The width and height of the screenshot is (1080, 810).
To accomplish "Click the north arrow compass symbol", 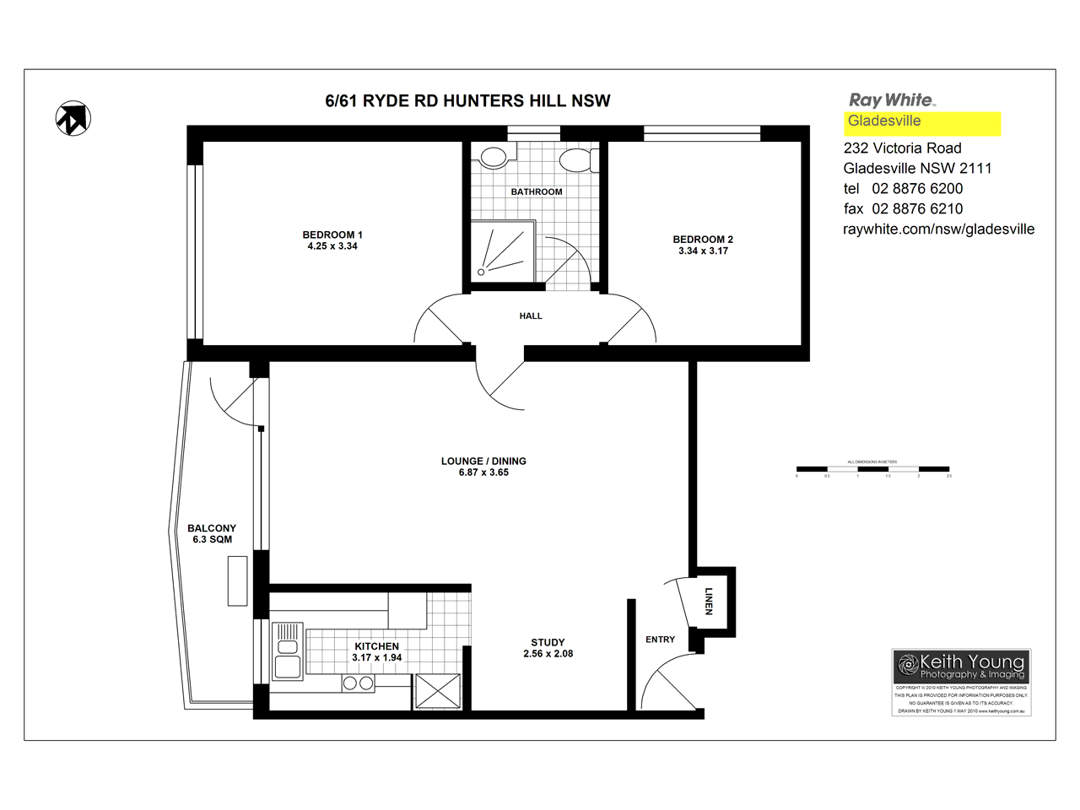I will pos(73,118).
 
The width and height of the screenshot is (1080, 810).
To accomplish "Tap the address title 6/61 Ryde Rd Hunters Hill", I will pos(467,101).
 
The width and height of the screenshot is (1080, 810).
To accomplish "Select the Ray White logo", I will pos(892,100).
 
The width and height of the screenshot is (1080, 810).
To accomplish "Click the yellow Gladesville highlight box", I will pos(923,123).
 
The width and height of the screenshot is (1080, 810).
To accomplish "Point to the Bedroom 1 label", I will pos(332,235).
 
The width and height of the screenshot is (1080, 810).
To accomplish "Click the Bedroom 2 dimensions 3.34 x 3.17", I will pos(703,251).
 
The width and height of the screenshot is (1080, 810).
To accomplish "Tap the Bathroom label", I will pos(537,192).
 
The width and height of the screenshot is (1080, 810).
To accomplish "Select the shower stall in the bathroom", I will pos(503,251).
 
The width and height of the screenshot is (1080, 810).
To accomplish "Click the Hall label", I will pos(531,316).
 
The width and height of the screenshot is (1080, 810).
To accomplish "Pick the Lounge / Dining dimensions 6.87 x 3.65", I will pos(483,473).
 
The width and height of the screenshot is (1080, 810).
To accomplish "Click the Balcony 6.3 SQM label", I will pos(212,534).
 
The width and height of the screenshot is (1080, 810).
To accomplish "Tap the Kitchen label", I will pos(376,646).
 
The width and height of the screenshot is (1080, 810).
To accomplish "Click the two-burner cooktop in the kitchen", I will pos(359,683).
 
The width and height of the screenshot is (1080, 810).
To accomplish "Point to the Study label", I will pos(548,643).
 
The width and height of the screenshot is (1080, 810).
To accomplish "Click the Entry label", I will pos(660,640).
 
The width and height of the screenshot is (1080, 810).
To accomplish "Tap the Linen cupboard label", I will pos(709,601).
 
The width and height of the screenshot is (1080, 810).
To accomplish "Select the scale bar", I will pos(872,469).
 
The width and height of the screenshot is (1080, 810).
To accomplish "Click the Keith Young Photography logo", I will pos(961,666).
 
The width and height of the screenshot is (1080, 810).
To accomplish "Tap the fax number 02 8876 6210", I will pos(917,209).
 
